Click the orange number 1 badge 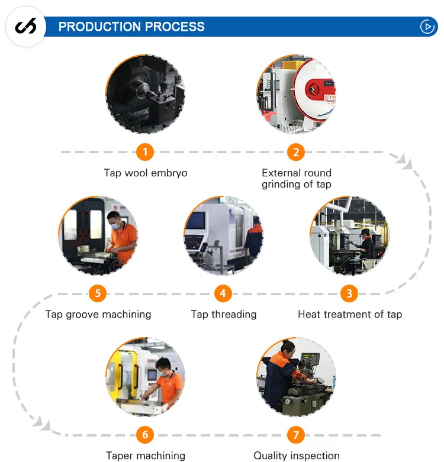145,152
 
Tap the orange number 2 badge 296,152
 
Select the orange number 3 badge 349,293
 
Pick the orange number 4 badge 223,293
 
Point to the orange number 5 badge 98,293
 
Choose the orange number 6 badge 145,435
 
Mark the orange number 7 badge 296,435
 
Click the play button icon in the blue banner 427,27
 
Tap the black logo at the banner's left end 25,27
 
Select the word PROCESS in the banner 175,27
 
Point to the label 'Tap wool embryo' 146,173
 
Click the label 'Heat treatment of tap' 350,314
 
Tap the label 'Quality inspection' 297,455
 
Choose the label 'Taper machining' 146,455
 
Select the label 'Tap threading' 224,314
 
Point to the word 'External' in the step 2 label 280,173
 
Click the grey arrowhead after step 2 404,160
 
